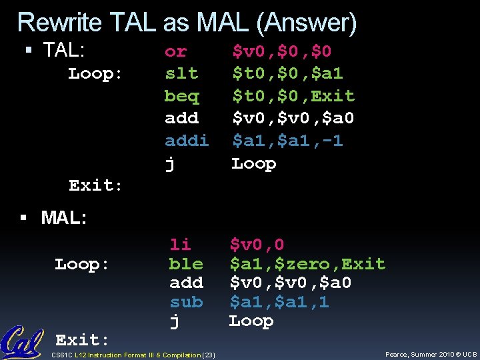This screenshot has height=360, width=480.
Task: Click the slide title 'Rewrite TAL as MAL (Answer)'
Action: [187, 23]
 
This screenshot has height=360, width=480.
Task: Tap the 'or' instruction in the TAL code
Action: [175, 51]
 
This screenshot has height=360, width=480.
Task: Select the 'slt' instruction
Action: [181, 73]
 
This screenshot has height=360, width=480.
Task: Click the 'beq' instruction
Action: [181, 96]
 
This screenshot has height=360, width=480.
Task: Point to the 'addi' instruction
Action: [187, 141]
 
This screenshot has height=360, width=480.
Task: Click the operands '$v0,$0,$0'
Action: [281, 51]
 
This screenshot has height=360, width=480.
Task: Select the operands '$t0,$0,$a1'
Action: [287, 73]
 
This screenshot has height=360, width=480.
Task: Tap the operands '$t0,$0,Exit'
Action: [293, 96]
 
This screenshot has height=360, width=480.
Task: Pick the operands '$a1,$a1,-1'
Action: [287, 141]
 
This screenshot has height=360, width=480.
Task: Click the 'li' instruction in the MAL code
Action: [180, 245]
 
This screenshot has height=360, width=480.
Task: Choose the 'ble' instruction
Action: [186, 264]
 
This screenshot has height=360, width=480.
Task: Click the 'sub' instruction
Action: [186, 302]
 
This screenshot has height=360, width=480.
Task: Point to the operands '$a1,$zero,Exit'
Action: [307, 264]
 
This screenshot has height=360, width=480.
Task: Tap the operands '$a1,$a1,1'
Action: [279, 302]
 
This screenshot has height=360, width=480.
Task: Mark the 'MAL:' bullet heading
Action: [63, 217]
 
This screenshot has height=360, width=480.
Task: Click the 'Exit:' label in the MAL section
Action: [82, 341]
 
